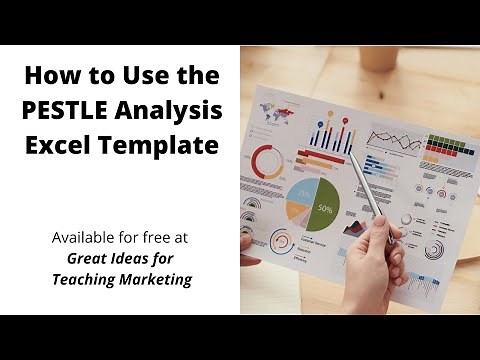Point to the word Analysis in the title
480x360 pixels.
click(173, 110)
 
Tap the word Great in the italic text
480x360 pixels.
click(79, 260)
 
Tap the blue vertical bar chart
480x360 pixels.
click(332, 133)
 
